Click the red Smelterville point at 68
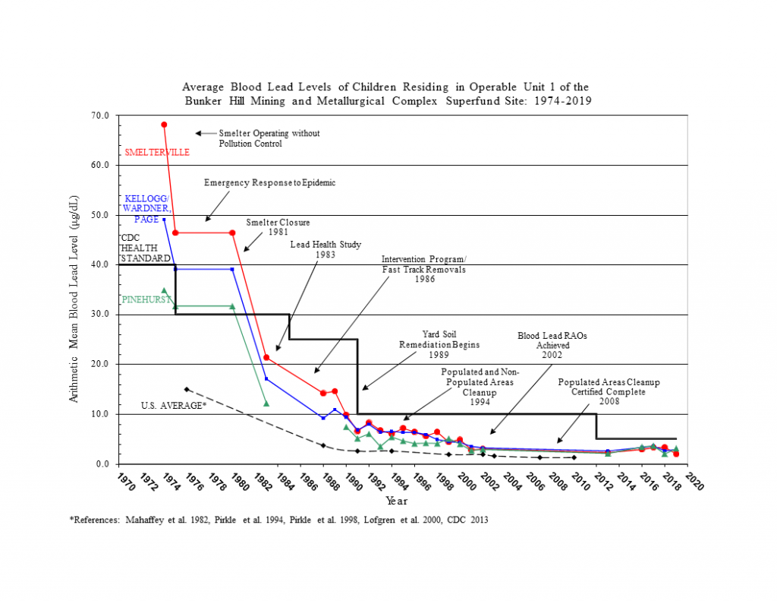click(x=164, y=125)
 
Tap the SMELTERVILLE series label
click(x=157, y=152)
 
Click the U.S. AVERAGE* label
click(x=174, y=405)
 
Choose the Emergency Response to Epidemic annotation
click(x=269, y=183)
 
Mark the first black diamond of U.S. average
click(x=187, y=389)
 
